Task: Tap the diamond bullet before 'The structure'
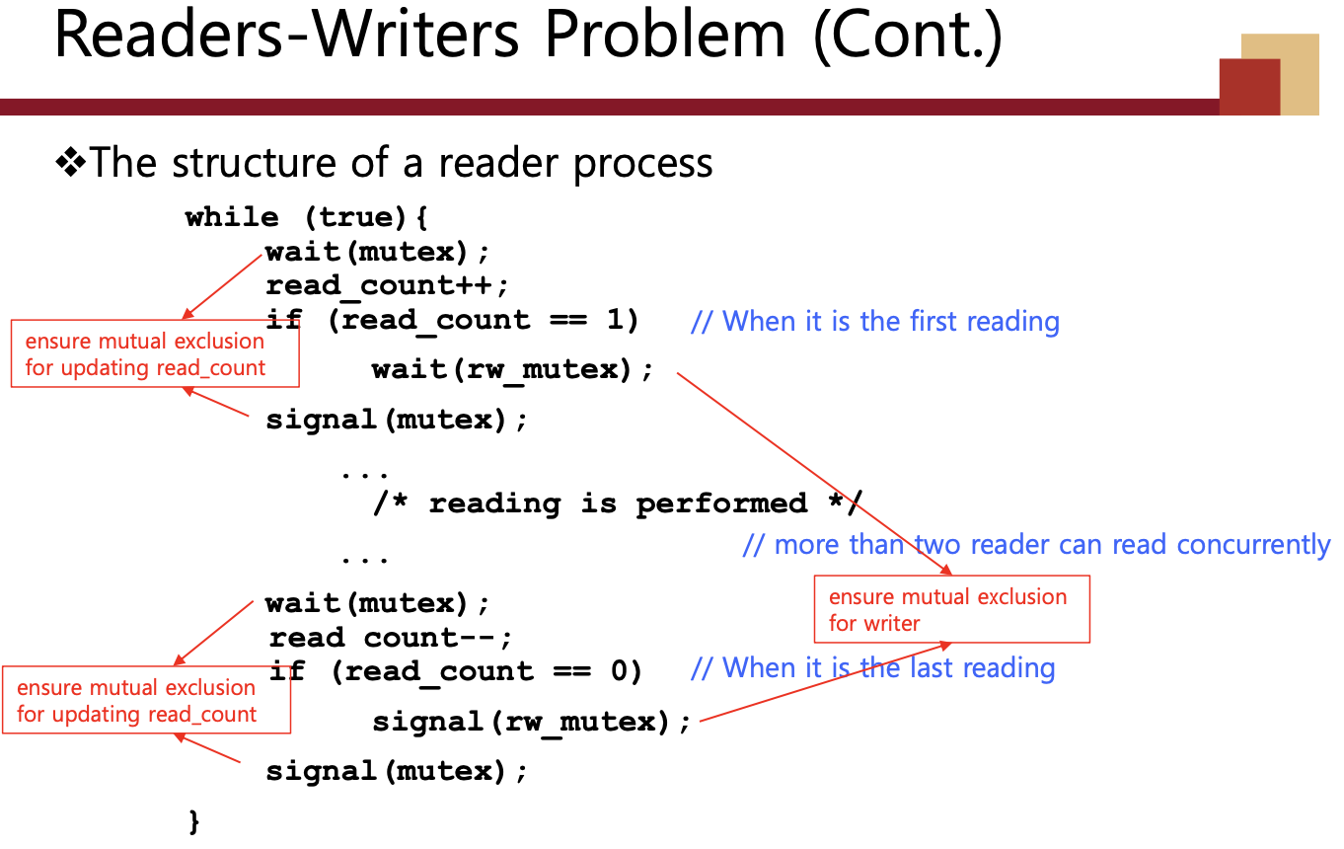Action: click(x=70, y=163)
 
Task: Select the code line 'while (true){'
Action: click(x=306, y=217)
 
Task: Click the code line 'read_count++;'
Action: click(x=387, y=286)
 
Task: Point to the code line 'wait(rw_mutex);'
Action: click(x=512, y=370)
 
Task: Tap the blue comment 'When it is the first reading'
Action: click(x=876, y=322)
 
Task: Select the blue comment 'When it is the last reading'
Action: click(x=873, y=668)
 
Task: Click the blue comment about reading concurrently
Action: click(x=1036, y=545)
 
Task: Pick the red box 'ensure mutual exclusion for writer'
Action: click(x=951, y=609)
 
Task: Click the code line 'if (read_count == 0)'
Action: click(x=455, y=672)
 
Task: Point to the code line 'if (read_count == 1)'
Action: click(x=453, y=321)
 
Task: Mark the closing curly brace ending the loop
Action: click(x=194, y=819)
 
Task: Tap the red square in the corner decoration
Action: click(x=1248, y=87)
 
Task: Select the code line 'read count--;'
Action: click(x=391, y=638)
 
